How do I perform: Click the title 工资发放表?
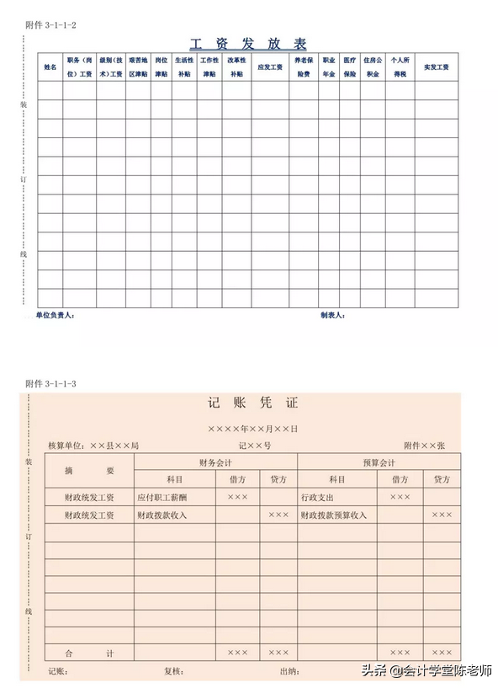pyautogui.click(x=249, y=44)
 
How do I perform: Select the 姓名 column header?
pyautogui.click(x=50, y=67)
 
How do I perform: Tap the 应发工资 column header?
pyautogui.click(x=269, y=67)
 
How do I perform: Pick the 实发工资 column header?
pyautogui.click(x=436, y=67)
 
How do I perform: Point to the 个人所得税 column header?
pyautogui.click(x=400, y=67)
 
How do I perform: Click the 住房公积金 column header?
pyautogui.click(x=372, y=67)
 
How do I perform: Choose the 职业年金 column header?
pyautogui.click(x=328, y=67)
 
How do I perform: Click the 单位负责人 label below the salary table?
pyautogui.click(x=55, y=316)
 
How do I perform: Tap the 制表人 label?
pyautogui.click(x=332, y=316)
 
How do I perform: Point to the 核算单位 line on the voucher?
pyautogui.click(x=93, y=445)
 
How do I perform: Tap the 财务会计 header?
pyautogui.click(x=215, y=462)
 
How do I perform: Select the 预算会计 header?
pyautogui.click(x=379, y=462)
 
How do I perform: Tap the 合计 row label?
pyautogui.click(x=88, y=653)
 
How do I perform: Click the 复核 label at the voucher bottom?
pyautogui.click(x=174, y=672)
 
